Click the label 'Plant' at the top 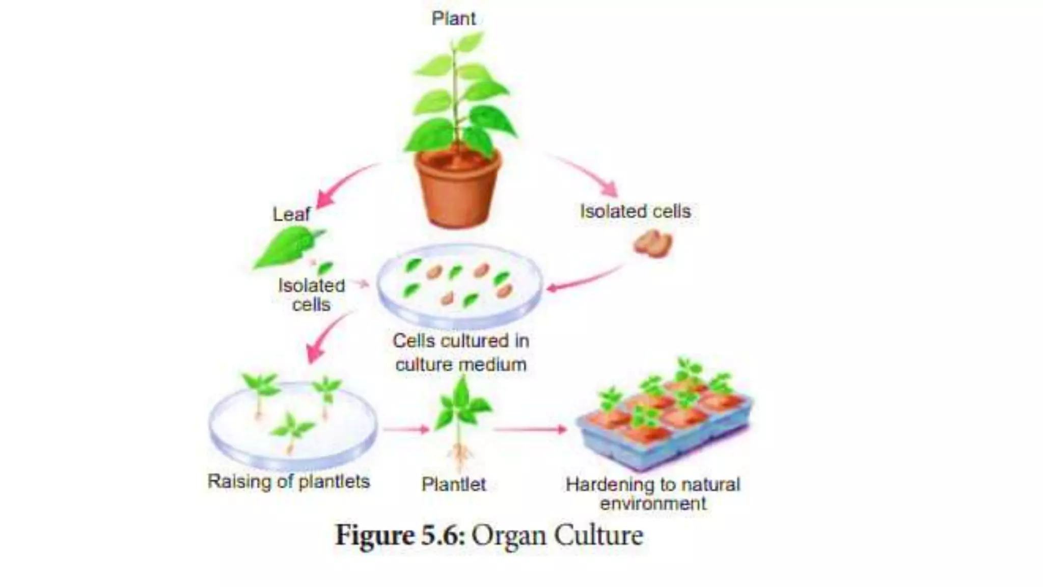click(x=453, y=19)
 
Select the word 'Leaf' click(x=291, y=214)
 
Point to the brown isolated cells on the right click(x=653, y=244)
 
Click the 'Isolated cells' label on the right click(x=635, y=211)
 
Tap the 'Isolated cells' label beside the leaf click(x=311, y=295)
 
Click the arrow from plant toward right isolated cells click(x=586, y=173)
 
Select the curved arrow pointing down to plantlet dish click(x=326, y=336)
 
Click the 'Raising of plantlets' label click(x=288, y=482)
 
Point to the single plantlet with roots click(x=461, y=418)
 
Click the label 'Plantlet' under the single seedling click(x=453, y=484)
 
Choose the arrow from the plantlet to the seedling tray click(x=530, y=430)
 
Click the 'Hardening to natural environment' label click(x=653, y=493)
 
